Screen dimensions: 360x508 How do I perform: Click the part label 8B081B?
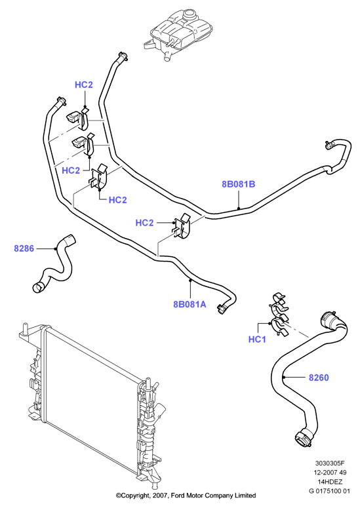pyautogui.click(x=239, y=184)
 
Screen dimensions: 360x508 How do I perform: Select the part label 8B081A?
pyautogui.click(x=190, y=304)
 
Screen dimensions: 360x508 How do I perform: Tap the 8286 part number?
pyautogui.click(x=24, y=248)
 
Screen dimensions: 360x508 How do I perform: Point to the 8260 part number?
pyautogui.click(x=319, y=378)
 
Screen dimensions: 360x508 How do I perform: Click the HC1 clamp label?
pyautogui.click(x=257, y=339)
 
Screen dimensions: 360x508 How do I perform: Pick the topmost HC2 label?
pyautogui.click(x=84, y=85)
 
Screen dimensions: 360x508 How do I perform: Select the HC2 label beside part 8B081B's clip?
pyautogui.click(x=144, y=223)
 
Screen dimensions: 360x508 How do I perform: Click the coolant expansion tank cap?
pyautogui.click(x=190, y=14)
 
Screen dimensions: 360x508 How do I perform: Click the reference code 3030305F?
pyautogui.click(x=329, y=463)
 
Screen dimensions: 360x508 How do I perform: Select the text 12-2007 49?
pyautogui.click(x=330, y=473)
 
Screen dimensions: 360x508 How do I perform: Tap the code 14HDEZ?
pyautogui.click(x=330, y=482)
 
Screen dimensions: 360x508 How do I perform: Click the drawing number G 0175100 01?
pyautogui.click(x=330, y=491)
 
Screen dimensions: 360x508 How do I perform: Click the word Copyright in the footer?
pyautogui.click(x=135, y=496)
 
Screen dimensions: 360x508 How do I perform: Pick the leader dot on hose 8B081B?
pyautogui.click(x=239, y=208)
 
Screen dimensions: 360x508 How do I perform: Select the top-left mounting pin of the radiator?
pyautogui.click(x=24, y=328)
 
